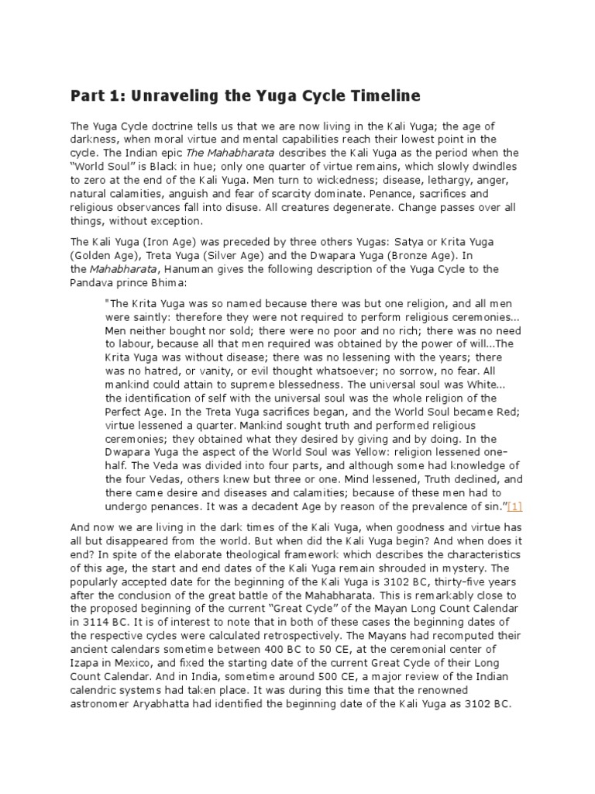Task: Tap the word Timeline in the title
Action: click(x=377, y=97)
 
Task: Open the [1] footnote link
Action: click(x=514, y=506)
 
